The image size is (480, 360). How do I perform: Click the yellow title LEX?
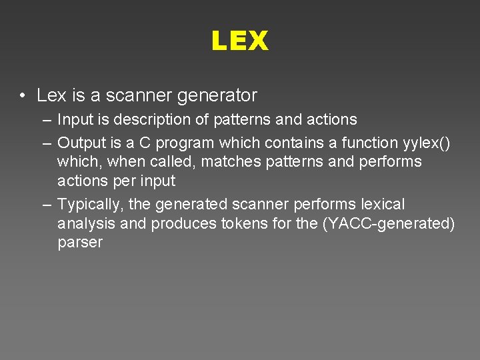[x=239, y=41]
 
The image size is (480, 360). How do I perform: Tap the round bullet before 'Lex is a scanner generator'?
[x=23, y=96]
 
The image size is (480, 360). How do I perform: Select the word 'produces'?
[x=183, y=224]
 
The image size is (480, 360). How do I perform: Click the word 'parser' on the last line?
[x=80, y=243]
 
